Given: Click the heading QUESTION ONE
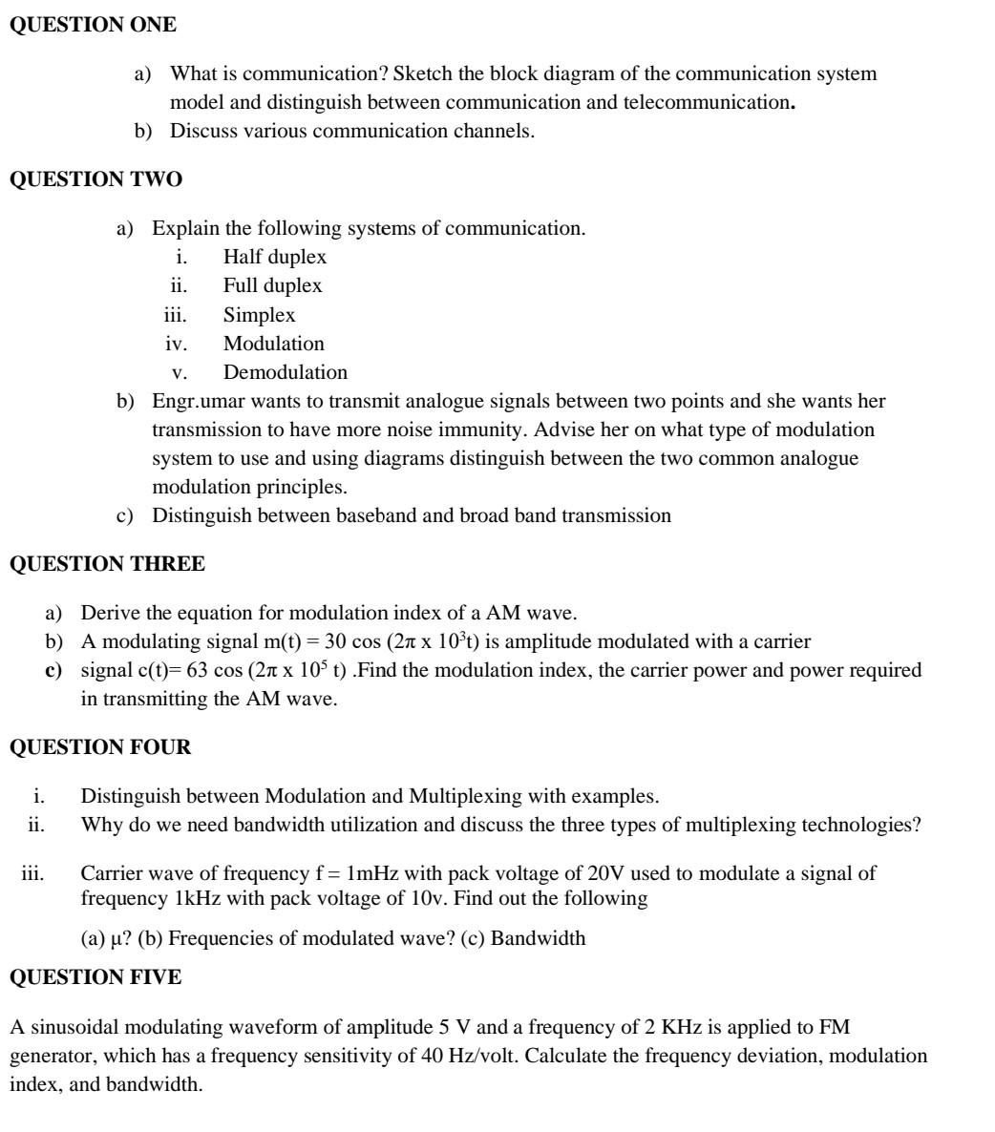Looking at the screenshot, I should (93, 26).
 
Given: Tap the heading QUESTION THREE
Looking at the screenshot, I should (107, 564).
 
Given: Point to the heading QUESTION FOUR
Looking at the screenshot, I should (100, 747).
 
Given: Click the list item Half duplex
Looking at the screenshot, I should (274, 257).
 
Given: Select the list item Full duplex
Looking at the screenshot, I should (272, 285).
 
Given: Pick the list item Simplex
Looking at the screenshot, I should (259, 314).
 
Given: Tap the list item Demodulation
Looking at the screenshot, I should (286, 371).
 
